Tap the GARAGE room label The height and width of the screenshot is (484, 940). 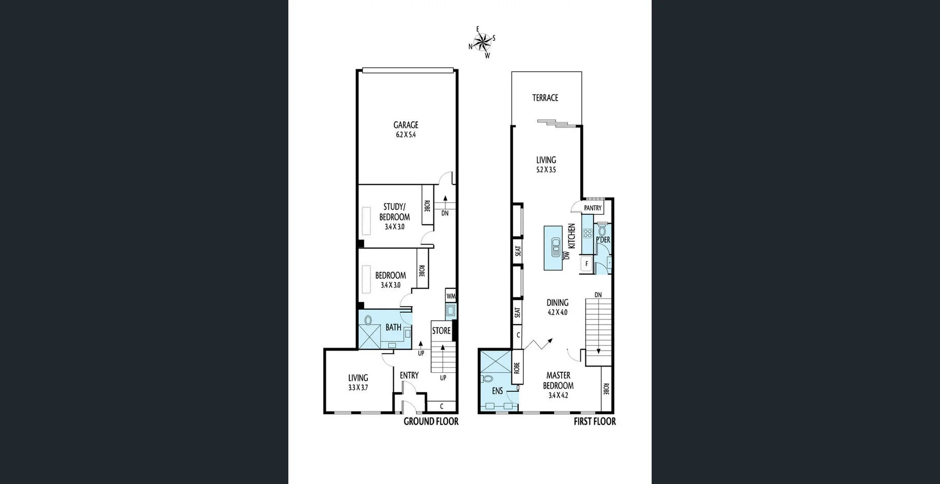point(405,125)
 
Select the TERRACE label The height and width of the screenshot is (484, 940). point(545,97)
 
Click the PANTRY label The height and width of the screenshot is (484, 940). point(593,208)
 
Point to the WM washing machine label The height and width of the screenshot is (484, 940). point(451,296)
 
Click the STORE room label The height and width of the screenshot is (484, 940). point(441,331)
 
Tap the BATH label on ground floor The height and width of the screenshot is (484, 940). point(393,327)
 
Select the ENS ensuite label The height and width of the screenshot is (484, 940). point(497,391)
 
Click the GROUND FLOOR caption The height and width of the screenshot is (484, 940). point(430,421)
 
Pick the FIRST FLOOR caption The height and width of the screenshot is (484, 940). point(594,421)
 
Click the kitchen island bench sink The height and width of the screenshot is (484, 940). point(556,247)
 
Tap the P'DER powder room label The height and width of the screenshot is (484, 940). point(603,239)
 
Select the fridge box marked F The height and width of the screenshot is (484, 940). point(586,264)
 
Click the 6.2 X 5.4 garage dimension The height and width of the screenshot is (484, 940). point(405,135)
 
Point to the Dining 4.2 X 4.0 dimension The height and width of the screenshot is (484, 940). point(557,312)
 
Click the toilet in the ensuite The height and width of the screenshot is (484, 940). point(487,379)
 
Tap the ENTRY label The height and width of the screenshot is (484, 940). point(409,375)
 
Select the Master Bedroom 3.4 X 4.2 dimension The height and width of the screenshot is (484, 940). point(558,395)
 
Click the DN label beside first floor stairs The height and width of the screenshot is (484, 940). point(598,295)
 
